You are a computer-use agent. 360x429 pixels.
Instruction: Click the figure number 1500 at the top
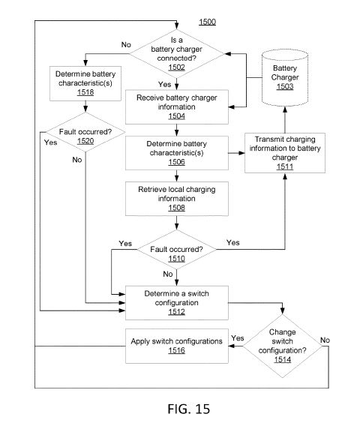(207, 22)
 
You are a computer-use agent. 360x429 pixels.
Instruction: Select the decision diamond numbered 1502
(177, 54)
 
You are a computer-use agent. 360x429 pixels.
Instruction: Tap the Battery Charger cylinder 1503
(285, 78)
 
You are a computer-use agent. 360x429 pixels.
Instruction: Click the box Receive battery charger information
(177, 107)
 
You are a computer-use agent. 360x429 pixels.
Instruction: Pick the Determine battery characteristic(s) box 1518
(85, 83)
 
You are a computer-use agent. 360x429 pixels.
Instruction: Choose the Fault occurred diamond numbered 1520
(85, 132)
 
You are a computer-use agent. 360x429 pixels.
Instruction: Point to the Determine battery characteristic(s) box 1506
(177, 153)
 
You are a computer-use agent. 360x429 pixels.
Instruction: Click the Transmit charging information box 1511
(285, 153)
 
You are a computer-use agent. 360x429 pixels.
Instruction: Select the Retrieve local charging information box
(177, 199)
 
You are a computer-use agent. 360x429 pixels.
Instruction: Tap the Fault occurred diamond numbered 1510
(177, 250)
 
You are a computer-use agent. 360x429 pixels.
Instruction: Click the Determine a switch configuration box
(177, 303)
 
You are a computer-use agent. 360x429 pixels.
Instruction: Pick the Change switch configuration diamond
(283, 346)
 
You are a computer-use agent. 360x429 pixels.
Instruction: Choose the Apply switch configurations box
(177, 346)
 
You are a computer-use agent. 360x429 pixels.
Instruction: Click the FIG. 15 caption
(189, 409)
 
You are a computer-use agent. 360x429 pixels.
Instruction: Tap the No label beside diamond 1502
(126, 44)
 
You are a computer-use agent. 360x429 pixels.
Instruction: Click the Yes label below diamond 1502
(165, 84)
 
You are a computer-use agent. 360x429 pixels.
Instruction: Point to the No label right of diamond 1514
(325, 340)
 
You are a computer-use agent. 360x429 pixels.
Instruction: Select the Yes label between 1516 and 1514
(238, 338)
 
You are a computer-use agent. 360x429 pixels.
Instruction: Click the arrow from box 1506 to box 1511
(237, 153)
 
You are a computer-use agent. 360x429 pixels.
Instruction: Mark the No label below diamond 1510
(168, 274)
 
